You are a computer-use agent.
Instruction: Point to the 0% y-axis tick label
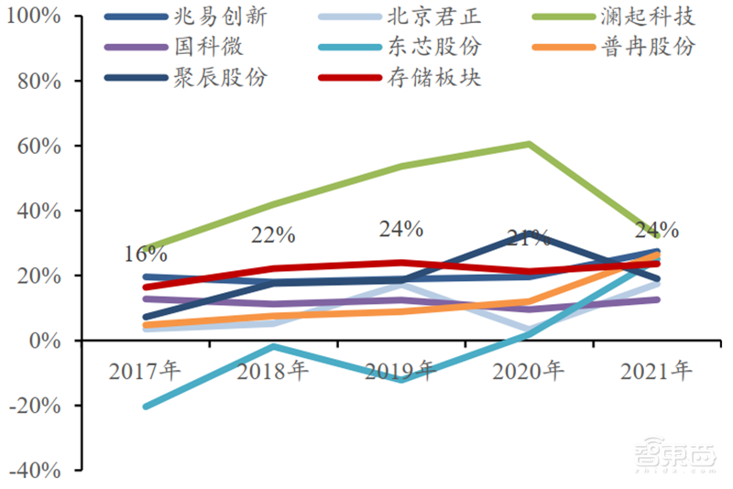(43, 341)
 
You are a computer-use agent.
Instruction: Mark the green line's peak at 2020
(529, 144)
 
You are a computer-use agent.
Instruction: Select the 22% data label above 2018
(273, 235)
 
